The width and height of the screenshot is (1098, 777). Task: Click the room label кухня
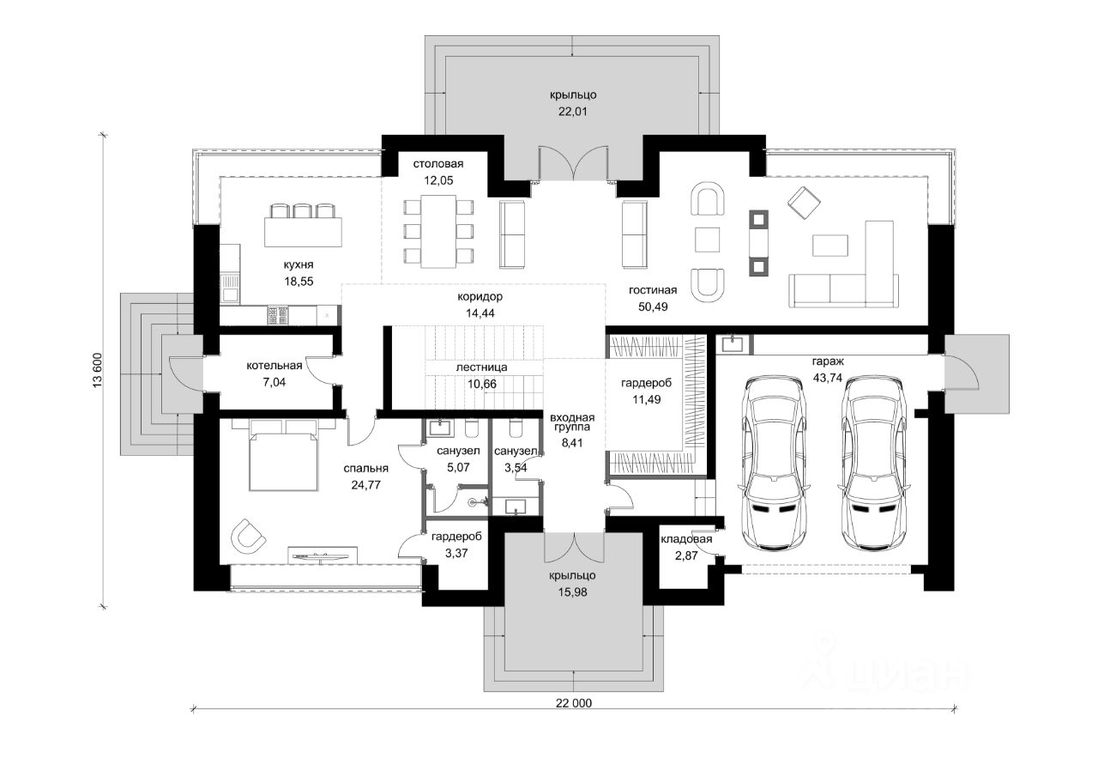point(299,265)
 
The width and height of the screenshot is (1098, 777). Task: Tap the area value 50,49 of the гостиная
point(653,307)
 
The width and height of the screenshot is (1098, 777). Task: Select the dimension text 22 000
point(574,703)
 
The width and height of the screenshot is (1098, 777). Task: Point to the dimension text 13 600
point(97,370)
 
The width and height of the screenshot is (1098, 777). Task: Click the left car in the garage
point(775,463)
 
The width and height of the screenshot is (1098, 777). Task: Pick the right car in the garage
point(876,463)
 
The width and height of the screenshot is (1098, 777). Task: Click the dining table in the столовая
point(438,232)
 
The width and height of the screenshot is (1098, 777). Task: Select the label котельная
point(274,366)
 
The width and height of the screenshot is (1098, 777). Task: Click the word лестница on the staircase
point(481,368)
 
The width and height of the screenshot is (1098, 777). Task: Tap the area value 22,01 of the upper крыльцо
point(572,112)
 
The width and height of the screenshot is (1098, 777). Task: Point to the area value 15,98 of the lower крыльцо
point(572,592)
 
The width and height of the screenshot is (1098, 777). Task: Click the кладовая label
point(686,539)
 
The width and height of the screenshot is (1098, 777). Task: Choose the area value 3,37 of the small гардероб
point(456,553)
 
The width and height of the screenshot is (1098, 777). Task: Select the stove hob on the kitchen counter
point(278,315)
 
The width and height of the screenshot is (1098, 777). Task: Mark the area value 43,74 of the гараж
point(828,379)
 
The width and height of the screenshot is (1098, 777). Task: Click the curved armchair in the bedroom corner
point(248,537)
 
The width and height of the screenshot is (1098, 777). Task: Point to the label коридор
point(480,297)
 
